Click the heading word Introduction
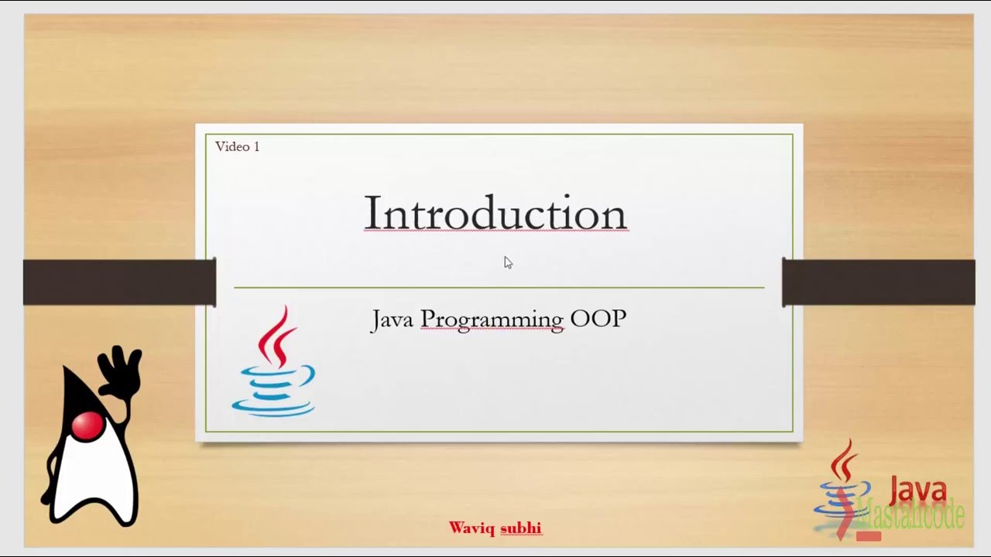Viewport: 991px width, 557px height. click(x=495, y=214)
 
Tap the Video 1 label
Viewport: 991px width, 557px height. click(x=237, y=146)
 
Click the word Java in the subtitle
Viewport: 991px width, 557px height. click(x=392, y=319)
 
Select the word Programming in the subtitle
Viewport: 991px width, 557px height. click(x=492, y=320)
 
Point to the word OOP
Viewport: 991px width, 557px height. click(x=598, y=319)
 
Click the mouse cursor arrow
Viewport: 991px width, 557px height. click(x=508, y=262)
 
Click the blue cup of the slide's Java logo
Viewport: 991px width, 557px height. click(x=274, y=391)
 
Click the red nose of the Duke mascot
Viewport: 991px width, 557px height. click(x=87, y=426)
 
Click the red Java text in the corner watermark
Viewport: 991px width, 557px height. click(x=917, y=490)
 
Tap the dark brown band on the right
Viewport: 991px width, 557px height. click(x=878, y=282)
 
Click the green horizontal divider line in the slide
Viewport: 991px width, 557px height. click(x=499, y=287)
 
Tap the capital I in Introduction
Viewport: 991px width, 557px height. click(x=372, y=214)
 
